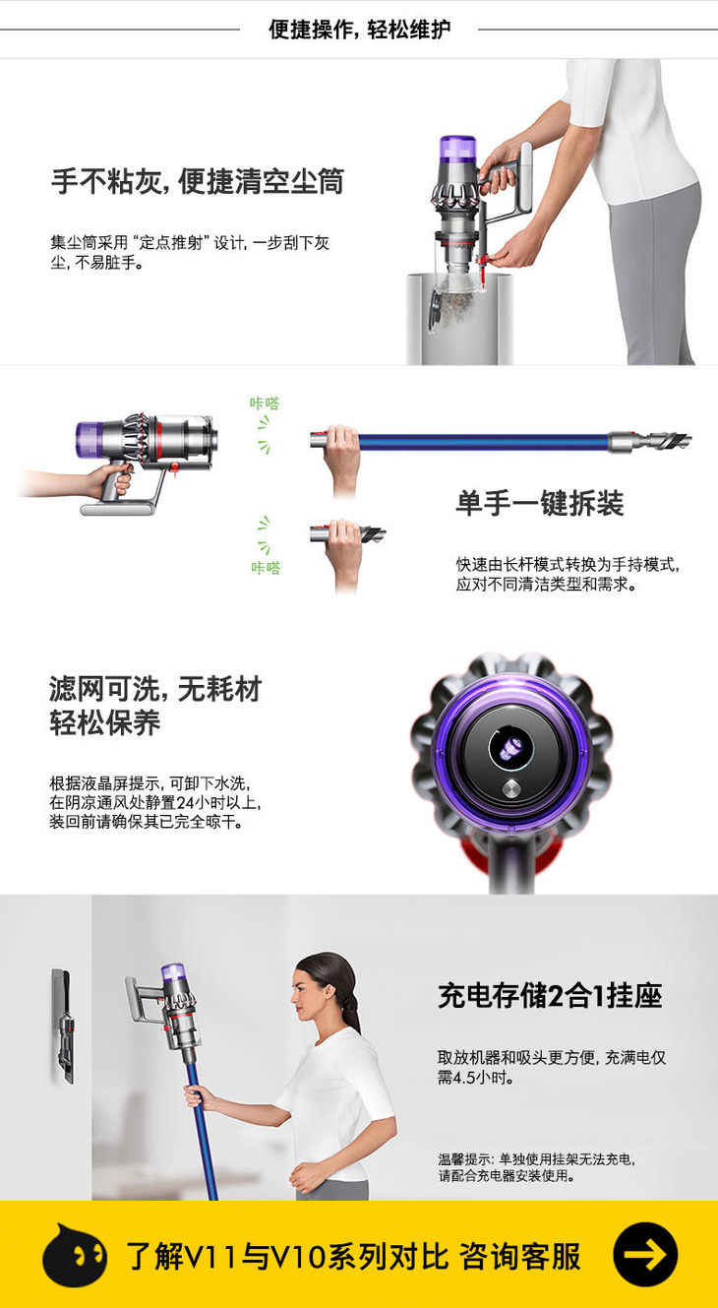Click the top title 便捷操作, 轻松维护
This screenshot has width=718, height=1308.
(360, 30)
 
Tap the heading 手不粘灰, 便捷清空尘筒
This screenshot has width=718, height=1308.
(198, 181)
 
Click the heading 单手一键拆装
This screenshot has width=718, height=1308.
(540, 503)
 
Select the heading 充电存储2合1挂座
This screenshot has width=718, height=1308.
(550, 996)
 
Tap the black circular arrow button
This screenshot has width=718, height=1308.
(645, 1254)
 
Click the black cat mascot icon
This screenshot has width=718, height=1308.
(74, 1254)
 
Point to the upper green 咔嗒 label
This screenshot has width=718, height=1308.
(265, 404)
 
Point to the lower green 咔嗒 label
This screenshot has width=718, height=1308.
(266, 568)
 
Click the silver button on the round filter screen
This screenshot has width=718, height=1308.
(511, 788)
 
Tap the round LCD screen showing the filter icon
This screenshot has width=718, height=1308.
(511, 749)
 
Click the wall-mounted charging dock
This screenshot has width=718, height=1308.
(64, 1026)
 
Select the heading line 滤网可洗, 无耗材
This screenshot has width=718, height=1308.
(155, 689)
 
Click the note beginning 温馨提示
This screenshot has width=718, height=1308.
(536, 1167)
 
